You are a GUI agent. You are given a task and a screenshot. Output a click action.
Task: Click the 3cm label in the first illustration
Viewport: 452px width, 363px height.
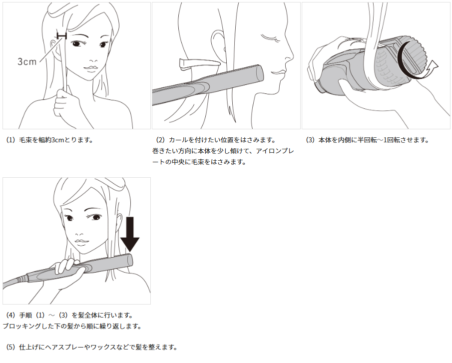27,61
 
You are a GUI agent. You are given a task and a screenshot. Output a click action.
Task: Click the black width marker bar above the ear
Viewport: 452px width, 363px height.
62,35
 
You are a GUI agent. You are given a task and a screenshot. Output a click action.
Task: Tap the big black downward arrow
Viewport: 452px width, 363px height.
130,235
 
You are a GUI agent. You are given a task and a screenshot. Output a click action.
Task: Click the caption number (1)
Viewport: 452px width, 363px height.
10,140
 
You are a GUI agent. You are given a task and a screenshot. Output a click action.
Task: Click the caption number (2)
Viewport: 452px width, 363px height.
160,140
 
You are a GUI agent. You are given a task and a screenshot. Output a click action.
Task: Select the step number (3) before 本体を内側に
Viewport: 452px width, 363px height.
310,140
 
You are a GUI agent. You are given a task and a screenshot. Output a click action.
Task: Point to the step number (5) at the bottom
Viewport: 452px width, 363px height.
10,347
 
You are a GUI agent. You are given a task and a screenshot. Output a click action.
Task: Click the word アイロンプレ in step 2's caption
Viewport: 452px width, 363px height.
275,151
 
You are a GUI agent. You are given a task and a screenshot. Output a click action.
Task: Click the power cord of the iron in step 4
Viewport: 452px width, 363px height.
15,281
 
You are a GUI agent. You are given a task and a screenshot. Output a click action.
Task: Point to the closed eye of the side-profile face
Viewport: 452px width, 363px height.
270,37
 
